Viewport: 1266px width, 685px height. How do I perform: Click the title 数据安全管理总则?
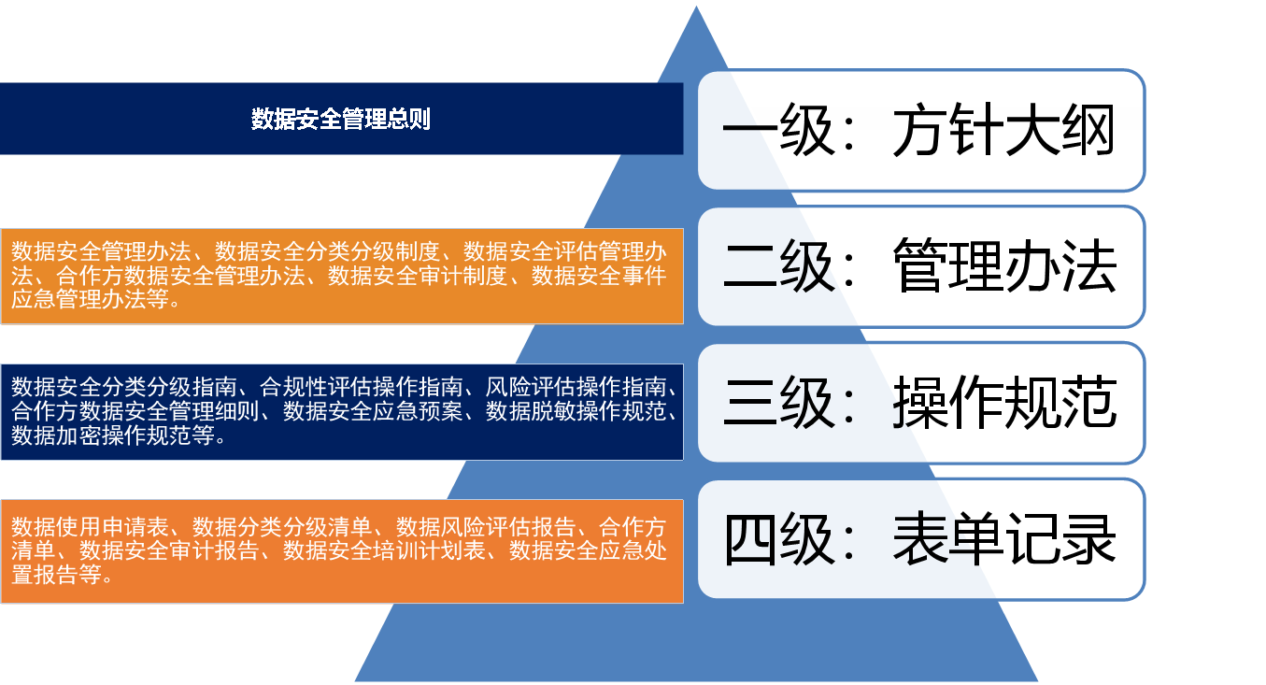coord(341,120)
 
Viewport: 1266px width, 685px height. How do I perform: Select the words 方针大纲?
coord(1003,130)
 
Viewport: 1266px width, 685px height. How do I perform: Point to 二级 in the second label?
coord(778,266)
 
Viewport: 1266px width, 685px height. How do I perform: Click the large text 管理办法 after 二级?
coord(1004,265)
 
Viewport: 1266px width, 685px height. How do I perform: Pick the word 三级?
coord(778,403)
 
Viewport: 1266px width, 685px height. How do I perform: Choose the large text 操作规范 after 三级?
coord(1004,402)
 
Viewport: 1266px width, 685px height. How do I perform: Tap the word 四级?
coord(779,539)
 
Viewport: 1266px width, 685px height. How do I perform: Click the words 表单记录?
coord(1004,538)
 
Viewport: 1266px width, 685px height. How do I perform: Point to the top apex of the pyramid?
coord(696,7)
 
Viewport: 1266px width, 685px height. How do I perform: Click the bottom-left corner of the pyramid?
coord(355,681)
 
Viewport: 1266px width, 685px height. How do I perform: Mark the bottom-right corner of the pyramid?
coord(1038,681)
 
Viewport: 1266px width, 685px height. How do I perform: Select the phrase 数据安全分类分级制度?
coord(327,251)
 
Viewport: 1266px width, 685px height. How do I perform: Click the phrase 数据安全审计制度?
coord(418,276)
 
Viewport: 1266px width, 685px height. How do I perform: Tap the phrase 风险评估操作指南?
coord(576,387)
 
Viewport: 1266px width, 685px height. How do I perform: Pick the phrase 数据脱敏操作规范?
coord(576,411)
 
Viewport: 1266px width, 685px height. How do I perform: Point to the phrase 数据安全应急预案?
coord(373,411)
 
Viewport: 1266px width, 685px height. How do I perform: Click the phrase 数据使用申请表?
coord(90,526)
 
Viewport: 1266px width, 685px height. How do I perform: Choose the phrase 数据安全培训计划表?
coord(384,549)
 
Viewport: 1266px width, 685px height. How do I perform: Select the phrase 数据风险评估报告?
coord(486,526)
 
